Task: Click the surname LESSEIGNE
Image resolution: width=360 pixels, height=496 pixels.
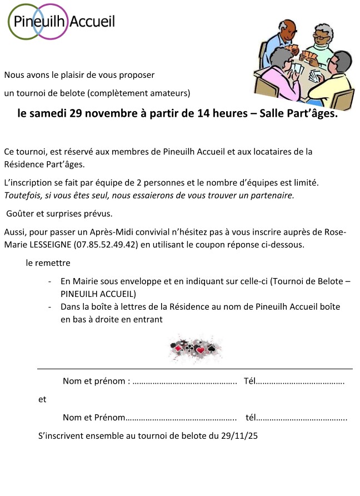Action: [53, 245]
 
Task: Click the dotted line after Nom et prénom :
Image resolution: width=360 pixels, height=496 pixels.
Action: [186, 381]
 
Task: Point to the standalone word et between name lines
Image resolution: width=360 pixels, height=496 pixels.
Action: [42, 399]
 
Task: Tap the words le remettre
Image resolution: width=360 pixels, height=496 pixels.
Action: [48, 262]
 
